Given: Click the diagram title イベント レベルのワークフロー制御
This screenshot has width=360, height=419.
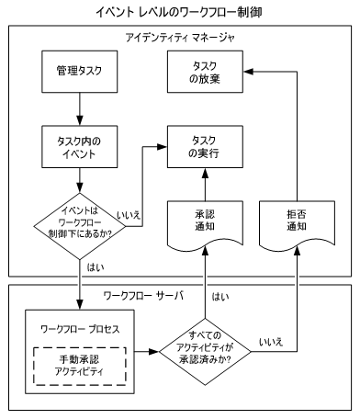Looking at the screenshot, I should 180,12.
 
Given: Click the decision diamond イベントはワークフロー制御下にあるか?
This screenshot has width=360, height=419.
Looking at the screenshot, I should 81,221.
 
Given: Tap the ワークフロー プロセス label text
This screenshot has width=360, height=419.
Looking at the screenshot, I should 80,327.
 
